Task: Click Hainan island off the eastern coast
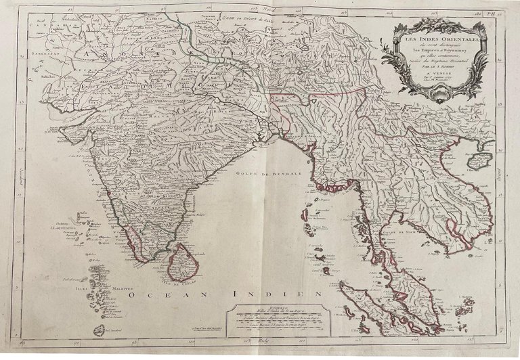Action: [477, 162]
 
